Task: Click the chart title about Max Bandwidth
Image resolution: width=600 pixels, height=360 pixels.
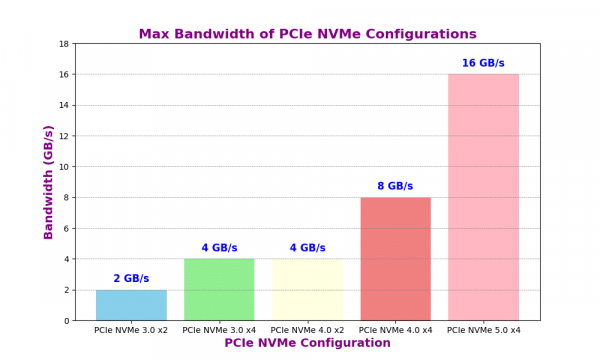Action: pyautogui.click(x=307, y=34)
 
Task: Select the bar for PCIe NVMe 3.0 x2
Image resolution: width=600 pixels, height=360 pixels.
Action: pyautogui.click(x=131, y=305)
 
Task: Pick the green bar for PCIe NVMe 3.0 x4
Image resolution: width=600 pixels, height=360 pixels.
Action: pyautogui.click(x=219, y=289)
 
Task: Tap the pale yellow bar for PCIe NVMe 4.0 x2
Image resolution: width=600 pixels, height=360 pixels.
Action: pyautogui.click(x=307, y=289)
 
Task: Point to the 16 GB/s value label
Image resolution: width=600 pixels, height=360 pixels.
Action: pyautogui.click(x=483, y=63)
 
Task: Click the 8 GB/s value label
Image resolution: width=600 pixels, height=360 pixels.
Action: pyautogui.click(x=395, y=186)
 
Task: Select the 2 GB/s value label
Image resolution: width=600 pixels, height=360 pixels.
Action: pyautogui.click(x=131, y=278)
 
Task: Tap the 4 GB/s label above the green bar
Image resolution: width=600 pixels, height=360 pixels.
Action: pyautogui.click(x=219, y=248)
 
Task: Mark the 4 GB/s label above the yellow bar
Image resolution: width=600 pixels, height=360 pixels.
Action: pyautogui.click(x=307, y=248)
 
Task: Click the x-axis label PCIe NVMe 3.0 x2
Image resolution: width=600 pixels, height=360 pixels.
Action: pyautogui.click(x=131, y=329)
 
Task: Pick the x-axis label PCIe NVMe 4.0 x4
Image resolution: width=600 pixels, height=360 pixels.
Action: pyautogui.click(x=395, y=329)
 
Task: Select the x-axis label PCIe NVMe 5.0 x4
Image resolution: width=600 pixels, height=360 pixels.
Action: pyautogui.click(x=483, y=329)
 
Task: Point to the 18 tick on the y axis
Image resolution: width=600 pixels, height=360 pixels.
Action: pyautogui.click(x=64, y=44)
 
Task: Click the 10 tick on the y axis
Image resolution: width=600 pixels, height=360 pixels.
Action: pyautogui.click(x=64, y=167)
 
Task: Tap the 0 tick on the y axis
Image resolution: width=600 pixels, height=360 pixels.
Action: pyautogui.click(x=67, y=321)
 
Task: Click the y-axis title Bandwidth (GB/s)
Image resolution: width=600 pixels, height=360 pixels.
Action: pyautogui.click(x=48, y=182)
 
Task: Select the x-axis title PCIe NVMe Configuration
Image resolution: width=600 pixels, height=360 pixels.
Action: pyautogui.click(x=307, y=343)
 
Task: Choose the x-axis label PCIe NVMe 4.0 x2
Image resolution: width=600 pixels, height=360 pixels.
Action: pyautogui.click(x=307, y=329)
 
